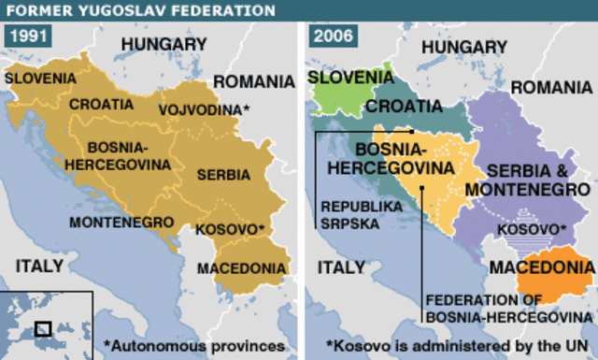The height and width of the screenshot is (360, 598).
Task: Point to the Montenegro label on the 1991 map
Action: pyautogui.click(x=121, y=223)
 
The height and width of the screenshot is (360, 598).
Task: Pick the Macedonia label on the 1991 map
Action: pyautogui.click(x=241, y=268)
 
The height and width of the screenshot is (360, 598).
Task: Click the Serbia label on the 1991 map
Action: pyautogui.click(x=224, y=174)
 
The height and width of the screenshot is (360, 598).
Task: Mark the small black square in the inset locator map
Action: pyautogui.click(x=42, y=328)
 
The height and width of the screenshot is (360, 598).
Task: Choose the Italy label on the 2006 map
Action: pyautogui.click(x=341, y=266)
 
